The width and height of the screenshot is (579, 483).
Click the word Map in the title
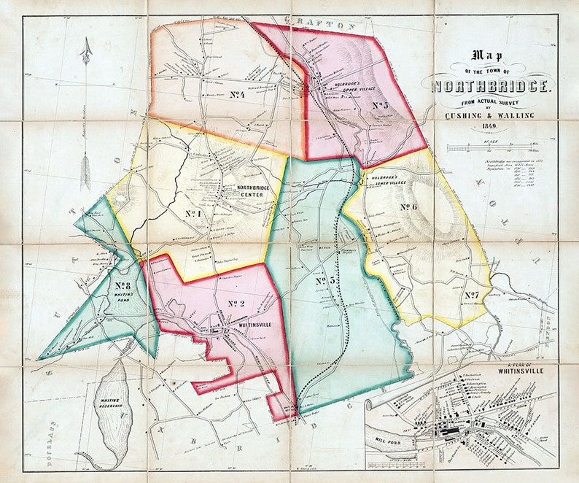[491, 55]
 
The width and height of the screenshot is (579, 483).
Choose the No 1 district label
[192, 213]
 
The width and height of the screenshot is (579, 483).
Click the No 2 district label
[236, 304]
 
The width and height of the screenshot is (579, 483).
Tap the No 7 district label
[471, 295]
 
